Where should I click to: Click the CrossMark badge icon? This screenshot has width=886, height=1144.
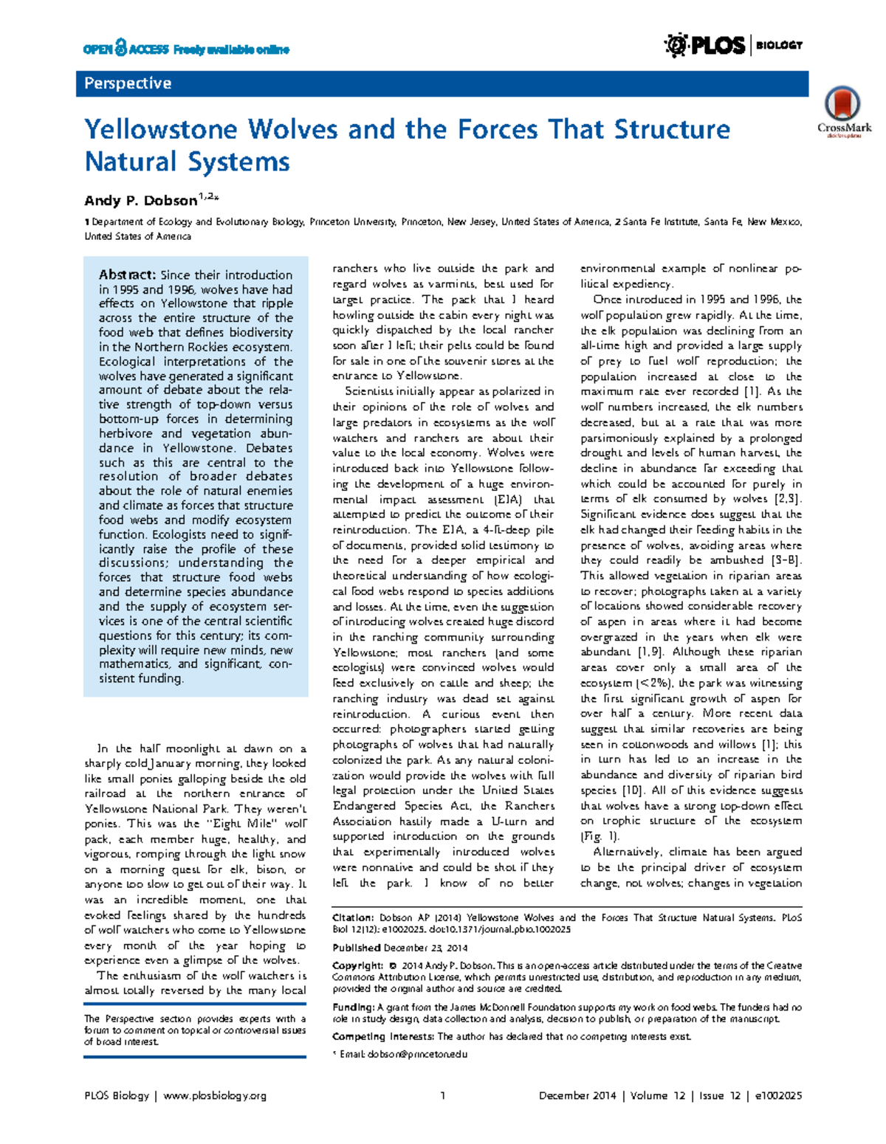(x=842, y=104)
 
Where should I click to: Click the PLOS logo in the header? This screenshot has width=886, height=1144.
(x=705, y=46)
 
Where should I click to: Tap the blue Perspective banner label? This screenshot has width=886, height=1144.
(x=128, y=83)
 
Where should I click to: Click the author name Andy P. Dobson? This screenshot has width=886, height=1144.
(x=140, y=201)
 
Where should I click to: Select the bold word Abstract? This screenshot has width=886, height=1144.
(x=128, y=275)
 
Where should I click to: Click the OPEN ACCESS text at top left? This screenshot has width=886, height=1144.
(x=126, y=49)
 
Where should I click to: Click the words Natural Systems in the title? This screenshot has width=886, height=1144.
(x=187, y=162)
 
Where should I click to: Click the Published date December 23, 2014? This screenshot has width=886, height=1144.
(x=425, y=948)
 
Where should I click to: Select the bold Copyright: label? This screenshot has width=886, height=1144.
(x=357, y=965)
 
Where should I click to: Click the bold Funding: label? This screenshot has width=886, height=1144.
(x=354, y=1007)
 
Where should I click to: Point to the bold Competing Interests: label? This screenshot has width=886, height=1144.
(x=383, y=1036)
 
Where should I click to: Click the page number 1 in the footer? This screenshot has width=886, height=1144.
(x=442, y=1096)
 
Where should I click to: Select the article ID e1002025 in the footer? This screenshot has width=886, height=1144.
(x=778, y=1096)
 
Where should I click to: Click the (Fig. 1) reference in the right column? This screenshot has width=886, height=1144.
(x=600, y=836)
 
